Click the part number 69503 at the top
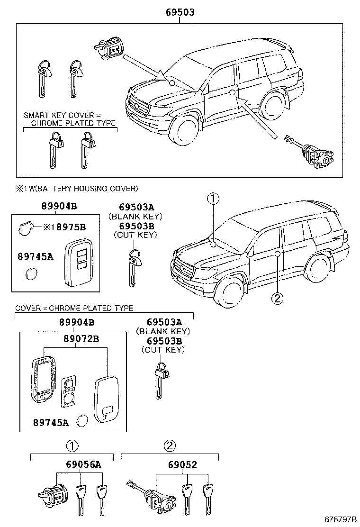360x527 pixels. (180, 12)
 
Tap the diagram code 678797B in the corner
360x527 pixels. (340, 519)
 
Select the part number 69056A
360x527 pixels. (83, 464)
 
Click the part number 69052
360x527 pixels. (182, 464)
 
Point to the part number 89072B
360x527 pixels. (81, 338)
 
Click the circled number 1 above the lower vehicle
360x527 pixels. (213, 199)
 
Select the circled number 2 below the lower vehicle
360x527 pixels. (278, 298)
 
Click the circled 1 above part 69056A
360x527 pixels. (72, 446)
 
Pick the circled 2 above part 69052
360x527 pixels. (170, 445)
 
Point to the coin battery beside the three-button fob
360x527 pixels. (32, 273)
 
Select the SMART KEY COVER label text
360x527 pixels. (59, 115)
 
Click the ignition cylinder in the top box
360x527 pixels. (109, 48)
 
